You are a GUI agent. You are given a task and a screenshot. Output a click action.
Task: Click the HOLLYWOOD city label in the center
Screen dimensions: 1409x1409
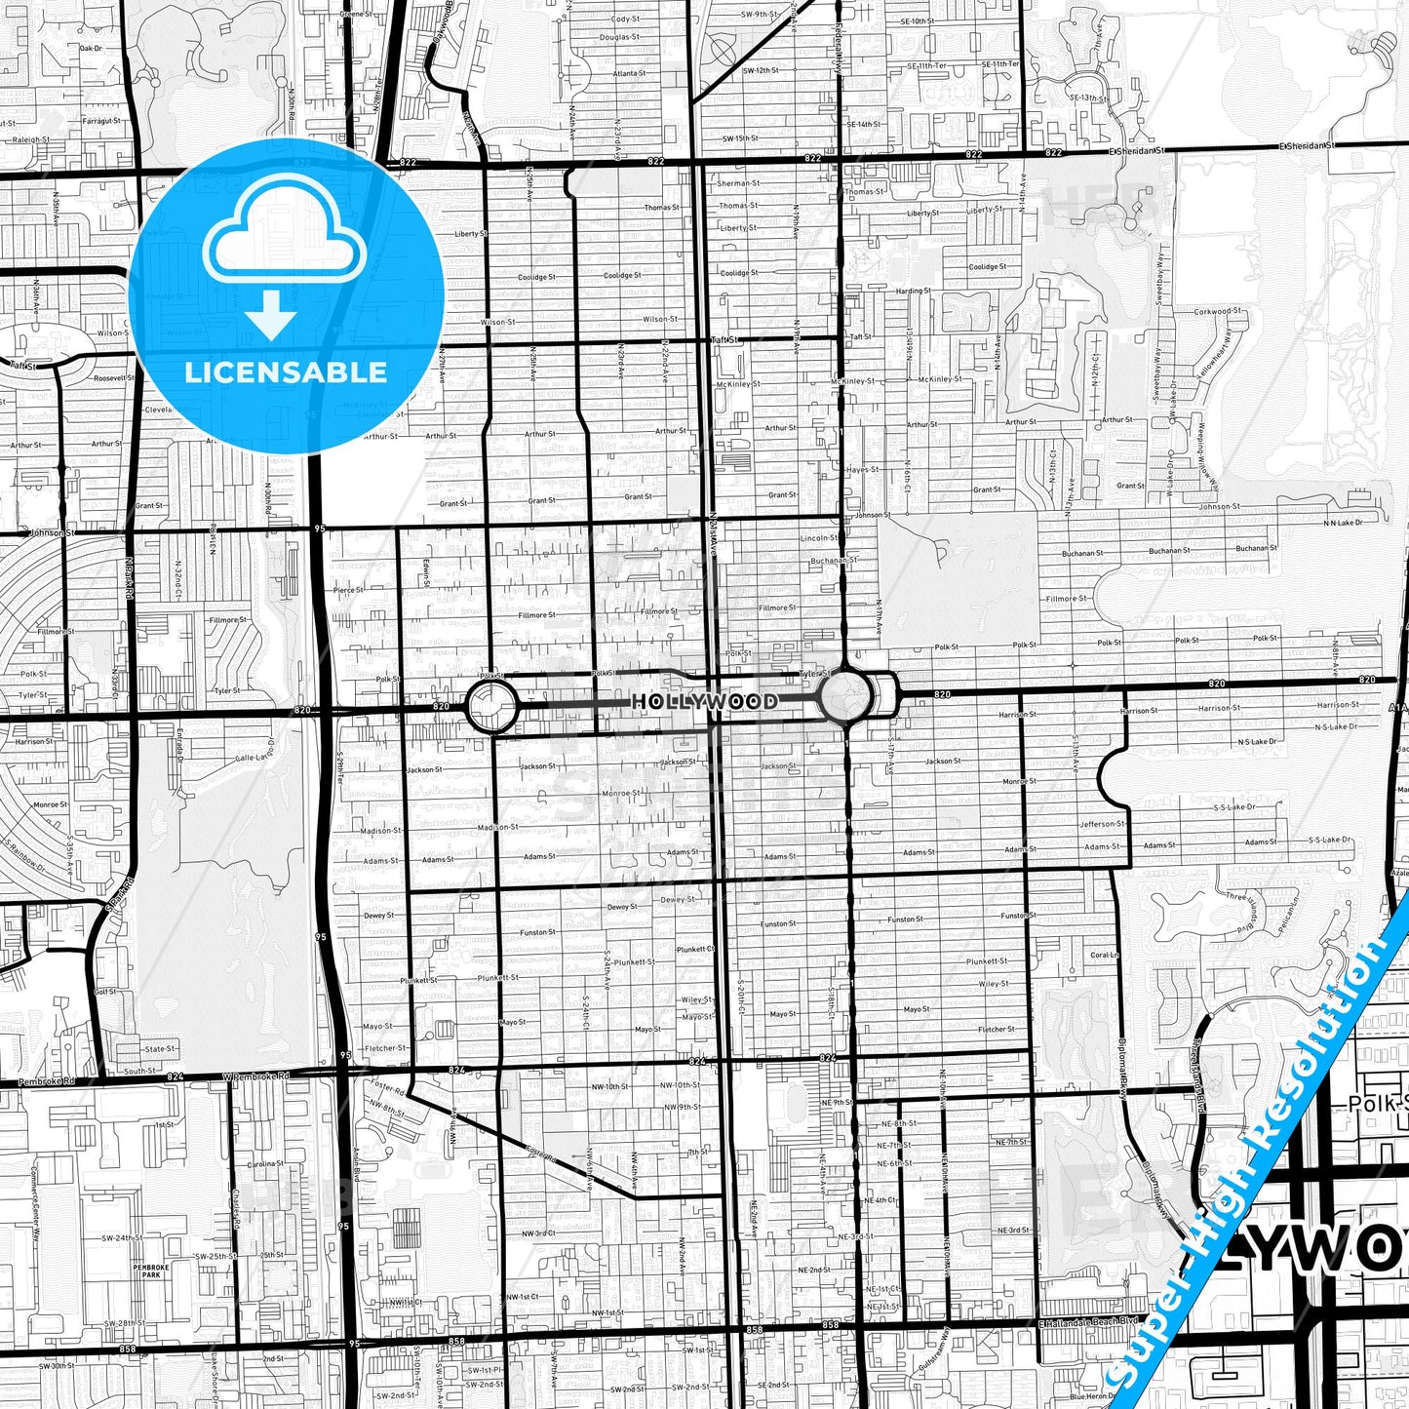(x=704, y=701)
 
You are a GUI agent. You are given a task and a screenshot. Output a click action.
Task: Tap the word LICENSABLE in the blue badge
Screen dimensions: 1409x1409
(x=286, y=372)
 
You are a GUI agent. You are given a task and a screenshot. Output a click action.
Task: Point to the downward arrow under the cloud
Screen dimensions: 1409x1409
(x=271, y=315)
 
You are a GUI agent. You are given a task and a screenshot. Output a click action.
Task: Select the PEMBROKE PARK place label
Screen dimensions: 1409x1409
(x=151, y=1271)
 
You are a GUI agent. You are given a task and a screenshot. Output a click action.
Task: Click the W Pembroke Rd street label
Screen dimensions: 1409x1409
(x=255, y=1076)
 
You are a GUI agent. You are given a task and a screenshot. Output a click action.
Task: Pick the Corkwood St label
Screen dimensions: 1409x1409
(x=1219, y=312)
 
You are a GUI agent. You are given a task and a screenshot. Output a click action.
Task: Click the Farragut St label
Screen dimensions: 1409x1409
(x=101, y=121)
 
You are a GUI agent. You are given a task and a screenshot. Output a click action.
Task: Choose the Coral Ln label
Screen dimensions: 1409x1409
(x=1104, y=956)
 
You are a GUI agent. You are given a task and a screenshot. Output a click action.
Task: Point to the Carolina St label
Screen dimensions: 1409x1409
(x=264, y=1164)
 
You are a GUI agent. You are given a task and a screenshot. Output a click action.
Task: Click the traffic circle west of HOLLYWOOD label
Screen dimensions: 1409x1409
(x=492, y=706)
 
